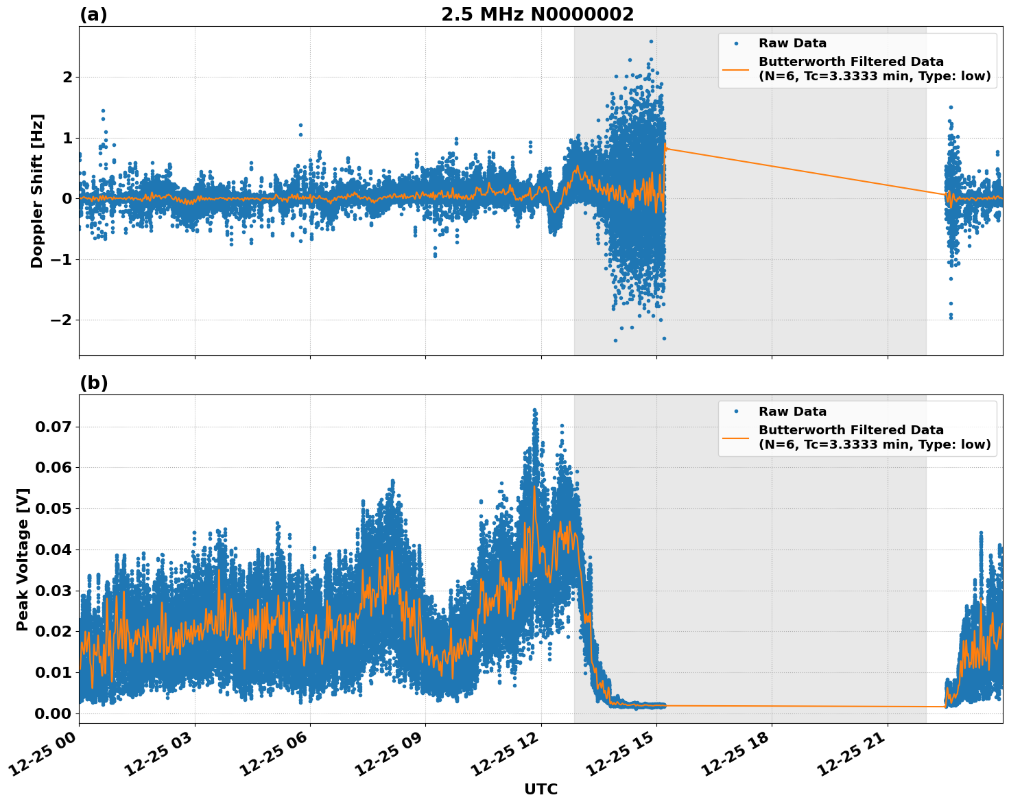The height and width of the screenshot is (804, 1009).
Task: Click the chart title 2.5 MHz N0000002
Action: [x=537, y=14]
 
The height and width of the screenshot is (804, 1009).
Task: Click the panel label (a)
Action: [x=93, y=14]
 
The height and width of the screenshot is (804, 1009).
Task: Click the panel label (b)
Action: [x=93, y=383]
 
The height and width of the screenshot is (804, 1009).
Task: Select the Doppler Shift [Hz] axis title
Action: [x=37, y=191]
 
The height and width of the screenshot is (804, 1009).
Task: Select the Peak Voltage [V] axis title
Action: [x=23, y=559]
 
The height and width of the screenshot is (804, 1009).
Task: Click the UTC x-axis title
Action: [x=541, y=789]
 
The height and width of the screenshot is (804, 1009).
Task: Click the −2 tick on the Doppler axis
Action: [x=60, y=320]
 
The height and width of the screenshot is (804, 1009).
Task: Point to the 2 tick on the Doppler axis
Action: [x=67, y=77]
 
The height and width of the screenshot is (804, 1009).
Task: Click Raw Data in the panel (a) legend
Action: [x=792, y=43]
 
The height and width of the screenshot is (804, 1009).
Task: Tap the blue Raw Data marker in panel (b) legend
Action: [x=736, y=412]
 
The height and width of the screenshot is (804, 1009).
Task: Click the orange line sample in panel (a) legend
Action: [x=736, y=69]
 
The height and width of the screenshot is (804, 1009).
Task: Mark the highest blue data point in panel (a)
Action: [x=651, y=42]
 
